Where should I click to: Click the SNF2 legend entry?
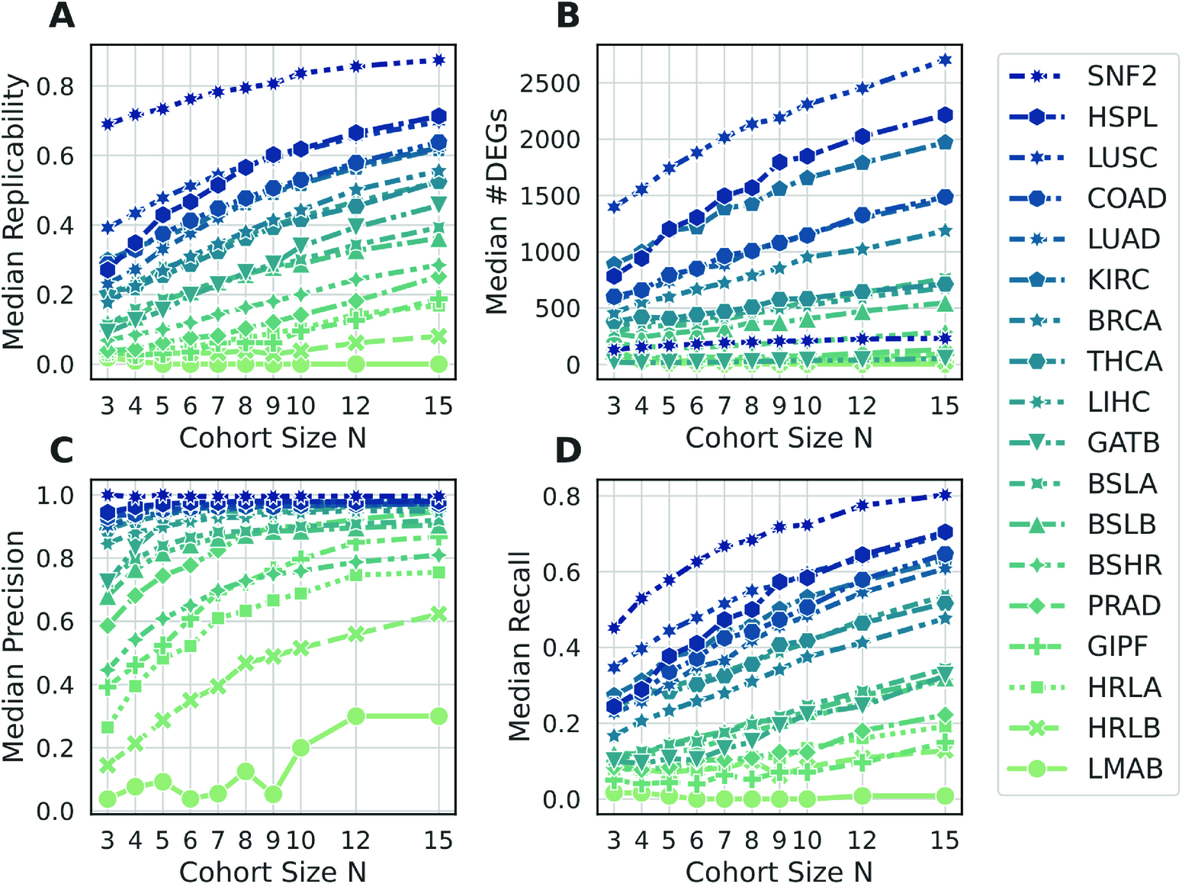point(1121,76)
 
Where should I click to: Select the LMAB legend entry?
point(1124,768)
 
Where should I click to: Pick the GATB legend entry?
point(1123,442)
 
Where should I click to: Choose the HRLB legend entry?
point(1123,728)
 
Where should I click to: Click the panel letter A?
point(62,15)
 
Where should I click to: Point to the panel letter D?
point(568,450)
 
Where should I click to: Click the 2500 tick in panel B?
point(550,83)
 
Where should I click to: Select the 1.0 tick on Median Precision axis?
point(56,495)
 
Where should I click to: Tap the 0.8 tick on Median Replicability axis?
point(56,86)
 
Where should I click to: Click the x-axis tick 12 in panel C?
point(355,841)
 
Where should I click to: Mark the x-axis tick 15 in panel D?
point(944,841)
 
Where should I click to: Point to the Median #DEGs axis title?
point(497,211)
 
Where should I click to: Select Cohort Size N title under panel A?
point(273,438)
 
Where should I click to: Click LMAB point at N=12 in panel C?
point(355,716)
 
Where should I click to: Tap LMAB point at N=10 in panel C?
point(300,747)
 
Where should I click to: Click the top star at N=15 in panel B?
point(945,59)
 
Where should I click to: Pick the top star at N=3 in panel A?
point(108,124)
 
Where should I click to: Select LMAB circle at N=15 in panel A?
point(438,364)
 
